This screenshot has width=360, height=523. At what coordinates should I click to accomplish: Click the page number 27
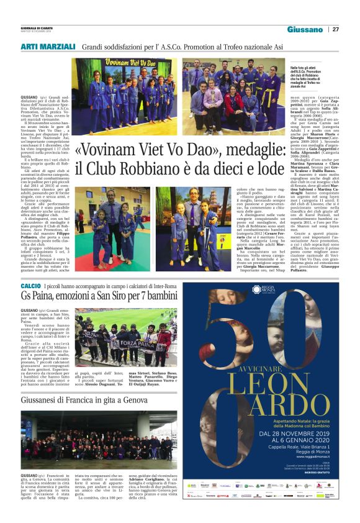(x=336, y=29)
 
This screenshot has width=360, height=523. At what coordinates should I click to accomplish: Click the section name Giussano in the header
(x=305, y=29)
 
